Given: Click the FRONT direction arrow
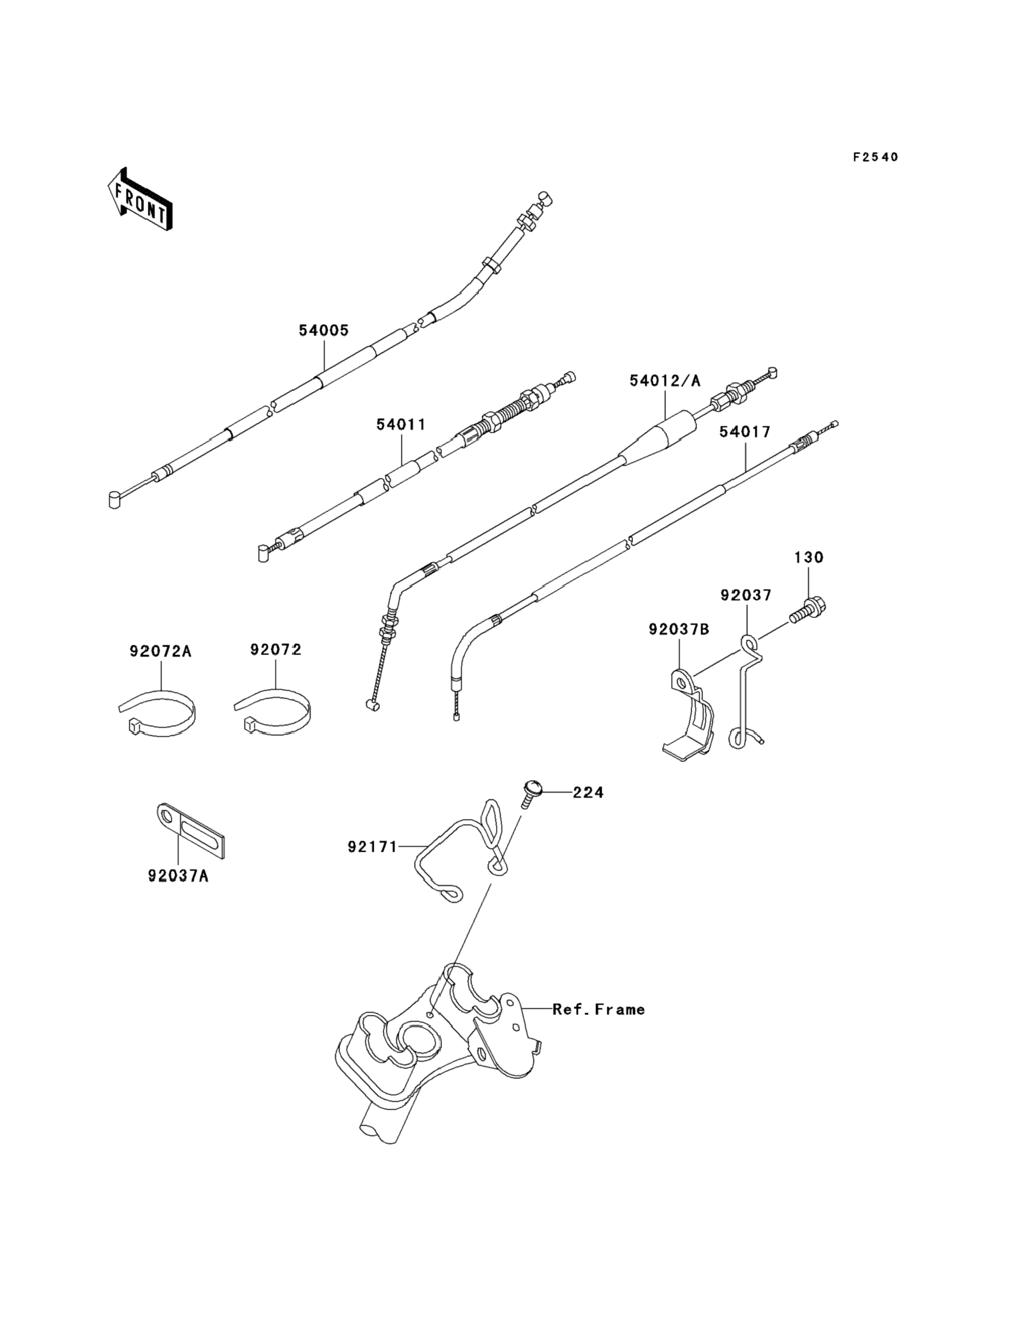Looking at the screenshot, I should tap(140, 199).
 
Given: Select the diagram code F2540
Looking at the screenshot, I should tap(875, 157).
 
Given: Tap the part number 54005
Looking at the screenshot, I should tap(324, 330).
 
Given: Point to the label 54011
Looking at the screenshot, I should tap(400, 424).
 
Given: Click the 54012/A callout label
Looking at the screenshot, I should tap(665, 381).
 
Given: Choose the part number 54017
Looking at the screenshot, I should tap(744, 432).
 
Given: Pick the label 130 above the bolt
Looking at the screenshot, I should tap(809, 557).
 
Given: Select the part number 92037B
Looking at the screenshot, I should tap(679, 629).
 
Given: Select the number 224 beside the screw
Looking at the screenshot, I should tap(588, 793).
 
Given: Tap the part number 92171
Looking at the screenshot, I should tap(372, 847).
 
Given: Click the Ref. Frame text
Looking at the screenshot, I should tap(598, 1010).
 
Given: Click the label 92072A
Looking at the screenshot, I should tap(160, 652).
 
